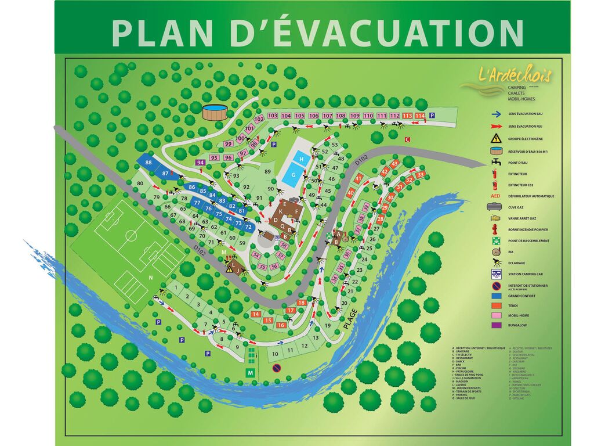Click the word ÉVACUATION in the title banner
click(x=377, y=33)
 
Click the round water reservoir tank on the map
click(x=214, y=112)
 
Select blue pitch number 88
click(x=149, y=163)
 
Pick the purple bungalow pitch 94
click(x=201, y=163)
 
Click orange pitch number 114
click(x=420, y=116)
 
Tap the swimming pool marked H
click(x=300, y=157)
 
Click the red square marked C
click(x=407, y=139)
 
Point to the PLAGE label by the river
click(x=350, y=319)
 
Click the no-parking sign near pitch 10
click(x=276, y=368)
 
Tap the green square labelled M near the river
click(x=251, y=372)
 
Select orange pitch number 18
click(x=301, y=303)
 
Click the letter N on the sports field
click(x=150, y=278)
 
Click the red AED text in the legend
click(x=497, y=196)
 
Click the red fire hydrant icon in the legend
click(x=497, y=229)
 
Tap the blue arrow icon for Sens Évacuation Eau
click(x=497, y=115)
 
